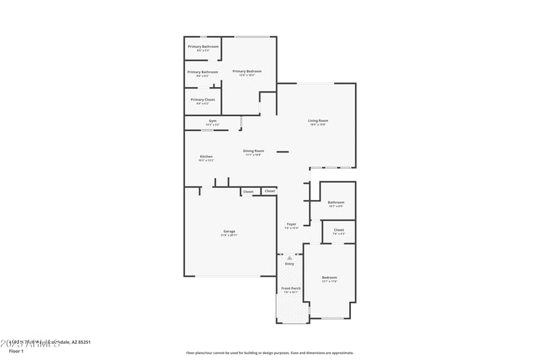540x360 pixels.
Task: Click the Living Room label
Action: (x=318, y=121)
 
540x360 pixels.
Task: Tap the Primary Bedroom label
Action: (x=247, y=71)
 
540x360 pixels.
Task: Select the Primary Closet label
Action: (x=202, y=99)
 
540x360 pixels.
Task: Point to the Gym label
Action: (x=213, y=121)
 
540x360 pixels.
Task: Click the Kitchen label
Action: (x=206, y=156)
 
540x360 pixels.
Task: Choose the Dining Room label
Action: (x=254, y=151)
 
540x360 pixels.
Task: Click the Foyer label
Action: (x=292, y=224)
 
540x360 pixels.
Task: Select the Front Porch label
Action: (x=291, y=288)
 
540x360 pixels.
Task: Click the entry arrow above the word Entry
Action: (x=290, y=258)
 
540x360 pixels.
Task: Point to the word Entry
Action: (x=290, y=263)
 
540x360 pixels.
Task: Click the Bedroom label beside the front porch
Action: (x=329, y=278)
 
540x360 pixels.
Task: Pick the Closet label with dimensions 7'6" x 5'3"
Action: (x=339, y=230)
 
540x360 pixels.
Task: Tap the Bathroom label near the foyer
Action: (x=336, y=202)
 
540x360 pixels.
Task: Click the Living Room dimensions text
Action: (x=318, y=125)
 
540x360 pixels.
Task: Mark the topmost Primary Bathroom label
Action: (x=203, y=47)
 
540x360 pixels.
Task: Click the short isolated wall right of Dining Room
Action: (x=282, y=151)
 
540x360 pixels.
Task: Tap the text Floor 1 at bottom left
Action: (x=16, y=351)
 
